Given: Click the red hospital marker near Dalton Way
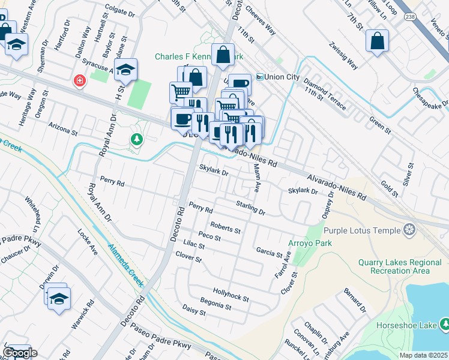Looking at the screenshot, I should [x=79, y=80].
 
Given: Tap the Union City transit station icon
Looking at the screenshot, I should [x=260, y=77].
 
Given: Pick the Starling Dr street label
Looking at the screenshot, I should [x=250, y=208].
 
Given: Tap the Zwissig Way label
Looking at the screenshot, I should [x=343, y=55].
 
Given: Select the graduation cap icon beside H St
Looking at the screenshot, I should [x=126, y=70].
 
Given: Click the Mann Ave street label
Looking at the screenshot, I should [x=256, y=178].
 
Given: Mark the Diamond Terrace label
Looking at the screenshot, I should [x=324, y=94].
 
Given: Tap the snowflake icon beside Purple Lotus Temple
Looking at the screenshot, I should [x=409, y=230].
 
